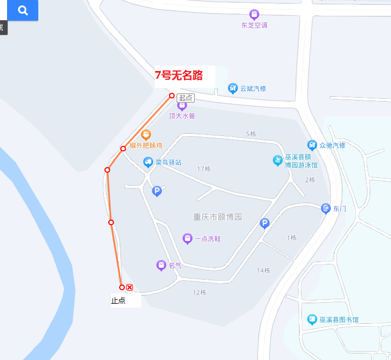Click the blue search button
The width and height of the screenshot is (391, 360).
[x=23, y=10]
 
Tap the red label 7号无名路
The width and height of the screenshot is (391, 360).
[x=179, y=75]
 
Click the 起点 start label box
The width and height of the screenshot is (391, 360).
[x=185, y=98]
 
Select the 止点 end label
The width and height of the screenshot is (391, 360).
[x=118, y=300]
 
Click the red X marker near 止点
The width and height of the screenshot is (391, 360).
[x=130, y=287]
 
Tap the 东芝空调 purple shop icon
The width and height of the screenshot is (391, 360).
[x=254, y=14]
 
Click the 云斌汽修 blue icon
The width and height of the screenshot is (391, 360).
[x=233, y=88]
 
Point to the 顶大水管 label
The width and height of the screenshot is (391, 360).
[x=182, y=116]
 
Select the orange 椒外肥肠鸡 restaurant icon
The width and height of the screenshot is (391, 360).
[x=146, y=134]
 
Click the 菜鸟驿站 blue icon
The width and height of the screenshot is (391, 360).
[x=148, y=162]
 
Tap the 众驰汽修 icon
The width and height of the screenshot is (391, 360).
[x=312, y=145]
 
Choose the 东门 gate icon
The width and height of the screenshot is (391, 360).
[x=326, y=208]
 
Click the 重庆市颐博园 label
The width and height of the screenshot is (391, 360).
[x=218, y=217]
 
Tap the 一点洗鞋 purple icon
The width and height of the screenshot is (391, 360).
[x=188, y=238]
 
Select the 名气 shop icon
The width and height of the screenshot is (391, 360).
[x=161, y=265]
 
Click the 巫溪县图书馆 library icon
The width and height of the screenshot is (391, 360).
[x=312, y=319]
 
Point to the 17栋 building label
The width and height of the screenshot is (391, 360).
[x=204, y=169]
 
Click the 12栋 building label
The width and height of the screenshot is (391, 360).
[x=200, y=292]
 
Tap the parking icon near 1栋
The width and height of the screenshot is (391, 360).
[x=265, y=223]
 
